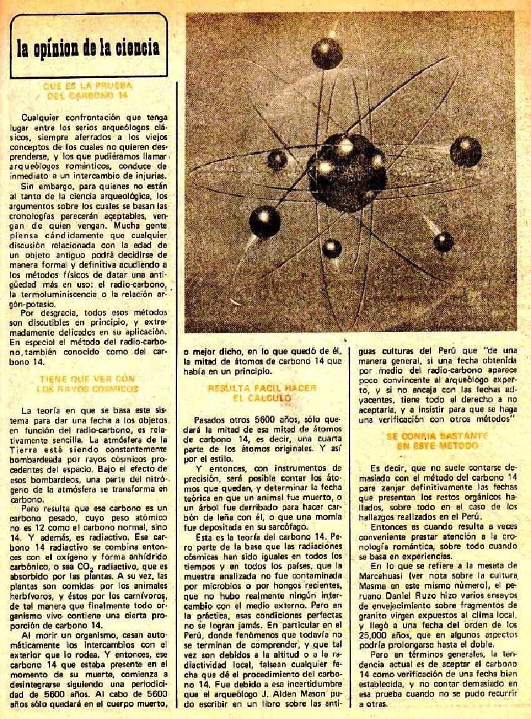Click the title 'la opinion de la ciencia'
[x=88, y=48]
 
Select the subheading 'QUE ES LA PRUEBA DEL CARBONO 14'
[x=90, y=91]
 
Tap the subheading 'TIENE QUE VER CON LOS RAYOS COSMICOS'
[x=87, y=383]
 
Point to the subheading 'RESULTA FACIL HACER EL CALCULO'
[x=262, y=393]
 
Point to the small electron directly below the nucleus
[x=332, y=249]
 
